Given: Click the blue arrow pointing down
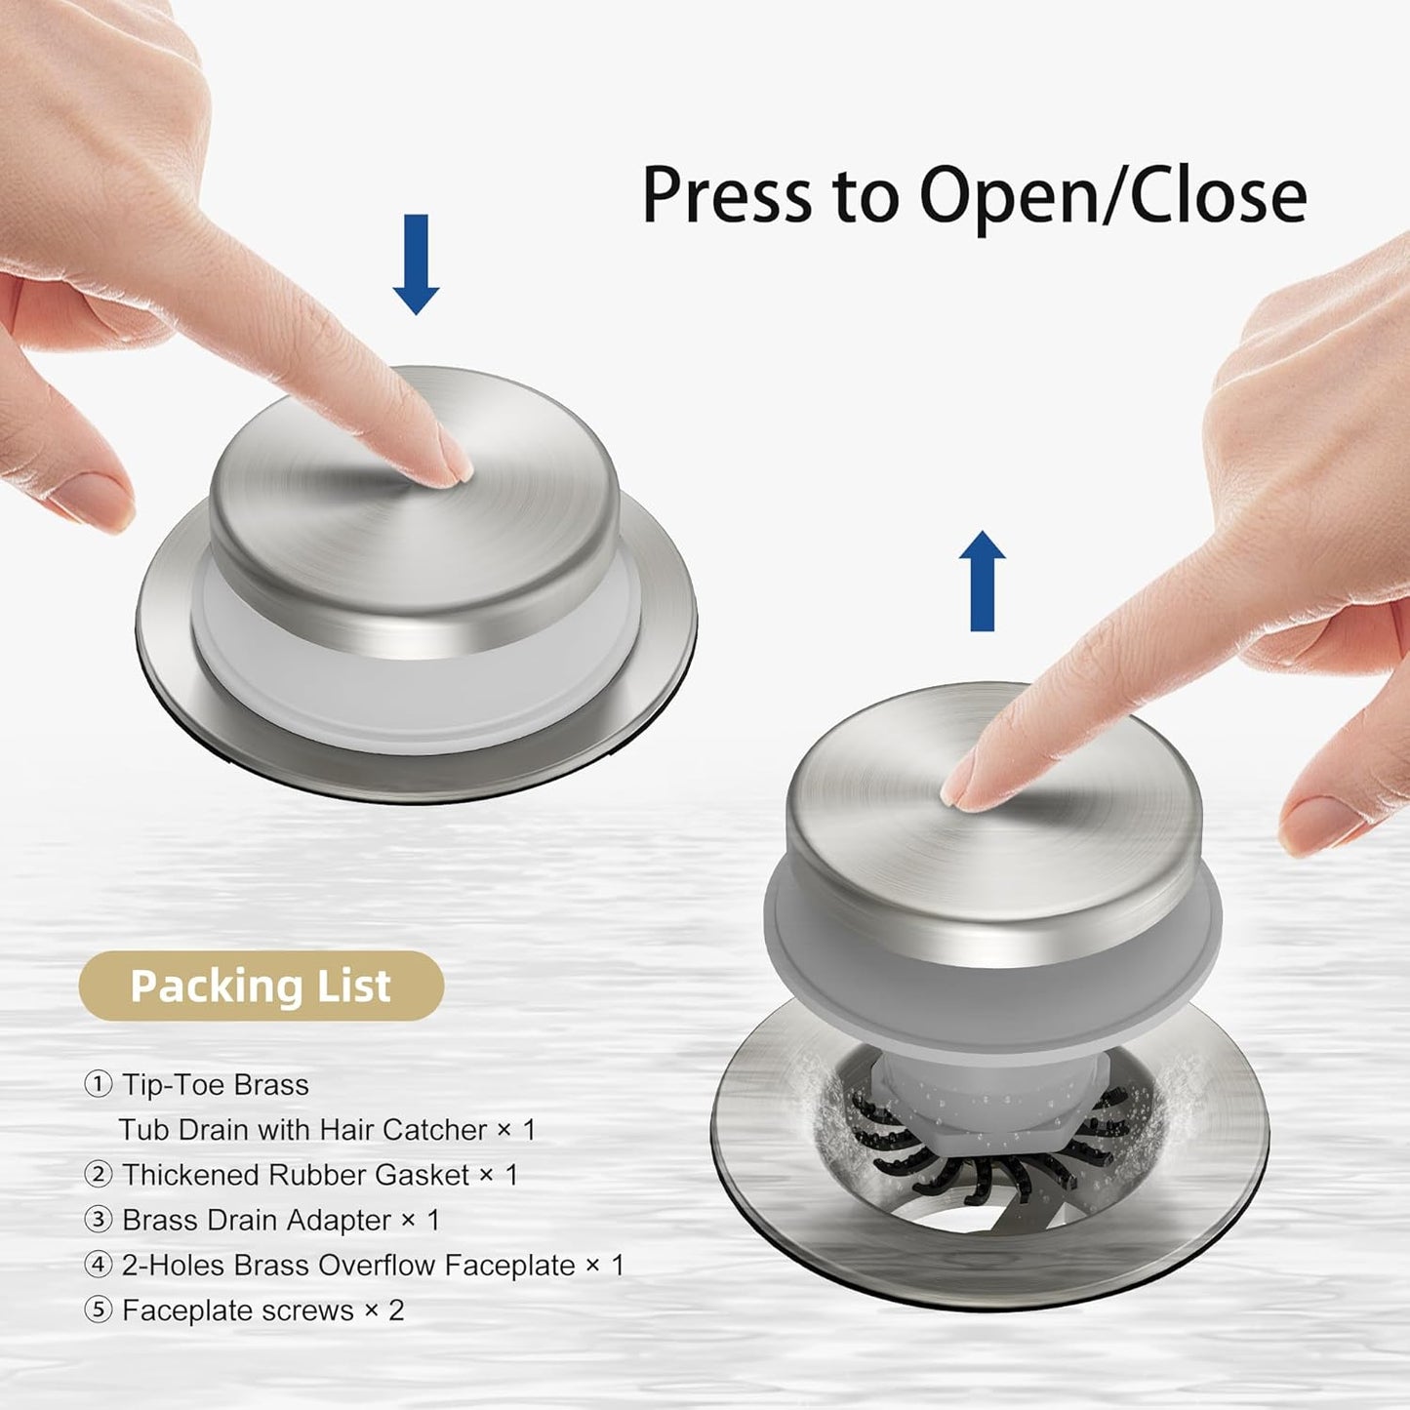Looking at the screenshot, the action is pos(416,264).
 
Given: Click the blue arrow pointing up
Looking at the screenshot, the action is pos(982,581).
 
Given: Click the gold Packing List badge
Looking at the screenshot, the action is pos(262,986).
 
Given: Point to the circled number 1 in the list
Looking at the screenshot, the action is pos(98,1084).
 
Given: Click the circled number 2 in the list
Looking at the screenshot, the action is pos(98,1175).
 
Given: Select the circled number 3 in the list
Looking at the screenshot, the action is pos(98,1220).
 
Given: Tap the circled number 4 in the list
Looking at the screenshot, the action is pos(98,1266).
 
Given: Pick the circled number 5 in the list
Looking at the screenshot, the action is pos(98,1310).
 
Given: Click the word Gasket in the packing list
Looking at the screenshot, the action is pos(420,1175).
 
